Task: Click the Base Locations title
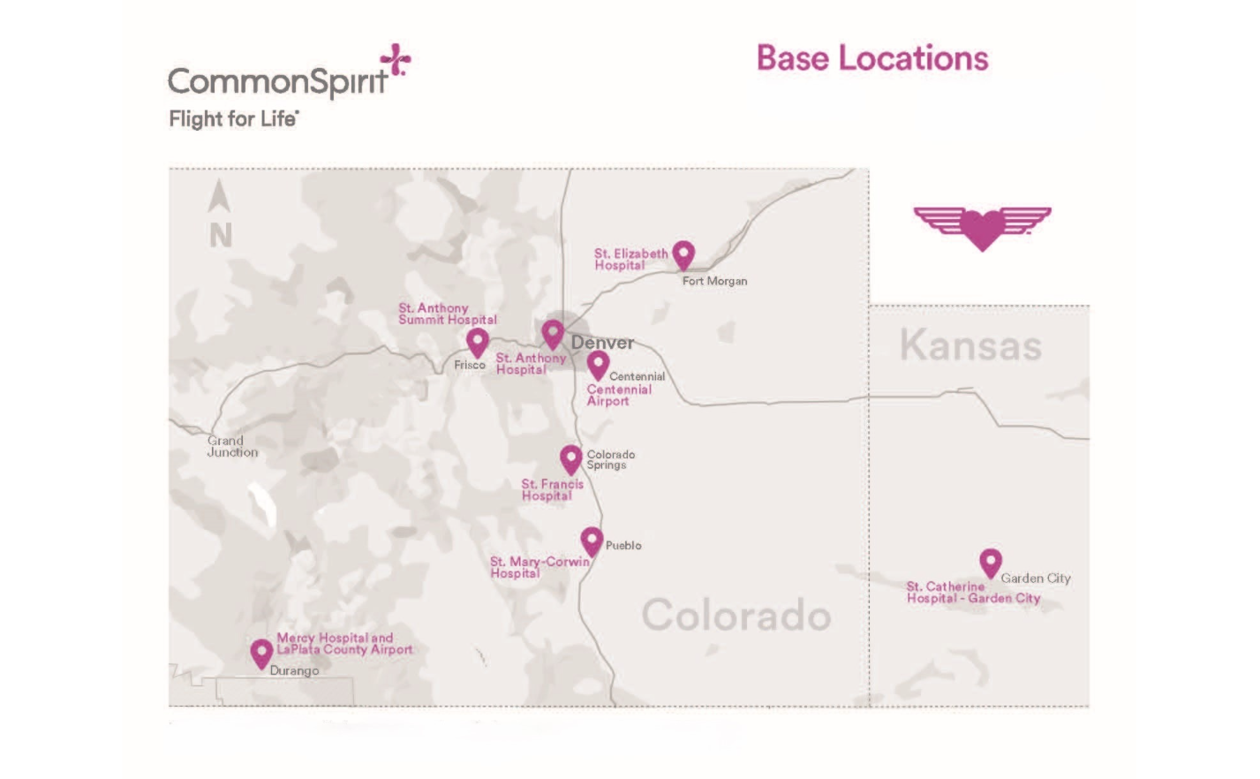(x=871, y=59)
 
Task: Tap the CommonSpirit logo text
(x=277, y=81)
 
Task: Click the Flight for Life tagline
(x=233, y=119)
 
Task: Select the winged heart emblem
(x=982, y=227)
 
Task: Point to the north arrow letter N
(x=221, y=235)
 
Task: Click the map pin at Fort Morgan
(x=683, y=254)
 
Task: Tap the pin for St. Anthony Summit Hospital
(x=478, y=341)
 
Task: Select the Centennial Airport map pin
(x=598, y=363)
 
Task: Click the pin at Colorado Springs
(x=571, y=458)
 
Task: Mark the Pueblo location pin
(x=592, y=540)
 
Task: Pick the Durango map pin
(x=261, y=653)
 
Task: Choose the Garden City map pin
(x=991, y=561)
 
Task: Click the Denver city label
(x=602, y=343)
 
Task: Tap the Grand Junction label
(x=232, y=446)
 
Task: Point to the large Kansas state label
(x=970, y=345)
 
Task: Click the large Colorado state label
(x=736, y=615)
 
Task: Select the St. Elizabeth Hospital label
(x=630, y=259)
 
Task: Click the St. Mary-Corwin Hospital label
(x=539, y=567)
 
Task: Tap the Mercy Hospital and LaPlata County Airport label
(x=344, y=643)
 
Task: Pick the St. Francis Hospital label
(x=552, y=489)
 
